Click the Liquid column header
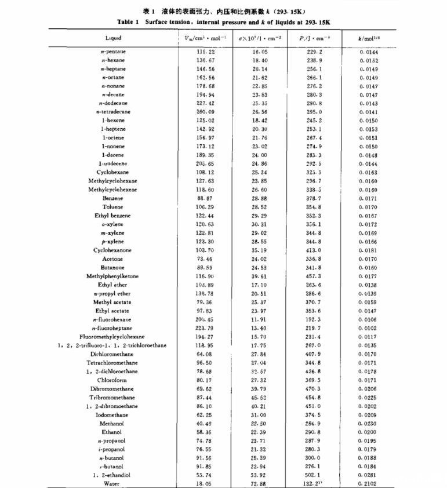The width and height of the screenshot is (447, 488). (113, 38)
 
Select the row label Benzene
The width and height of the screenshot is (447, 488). (112, 198)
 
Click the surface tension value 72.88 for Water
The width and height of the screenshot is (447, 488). (259, 483)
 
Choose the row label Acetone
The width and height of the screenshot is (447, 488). (112, 259)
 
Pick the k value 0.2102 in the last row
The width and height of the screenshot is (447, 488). (369, 483)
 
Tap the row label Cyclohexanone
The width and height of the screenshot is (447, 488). (112, 250)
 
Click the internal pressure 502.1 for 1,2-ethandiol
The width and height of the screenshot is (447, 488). (315, 475)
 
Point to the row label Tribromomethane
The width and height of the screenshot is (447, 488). (112, 398)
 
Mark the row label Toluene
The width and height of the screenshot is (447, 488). (112, 207)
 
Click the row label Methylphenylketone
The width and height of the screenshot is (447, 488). (112, 276)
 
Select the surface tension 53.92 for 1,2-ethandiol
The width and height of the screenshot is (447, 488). (259, 475)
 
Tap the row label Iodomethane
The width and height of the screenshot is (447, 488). (112, 415)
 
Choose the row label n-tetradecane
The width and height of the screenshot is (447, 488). (113, 112)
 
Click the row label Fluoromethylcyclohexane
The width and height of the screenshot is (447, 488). (112, 337)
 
